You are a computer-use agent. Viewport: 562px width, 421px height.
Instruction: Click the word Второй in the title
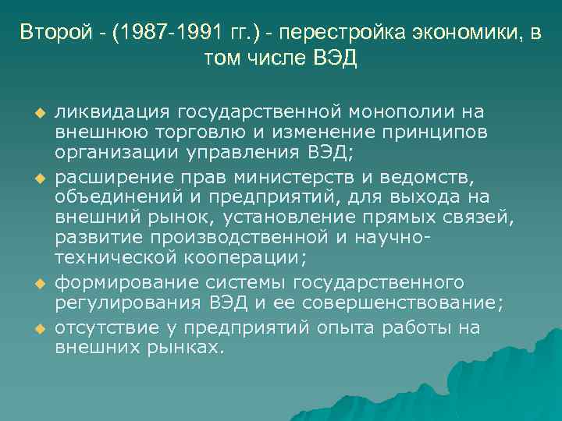pos(49,32)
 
